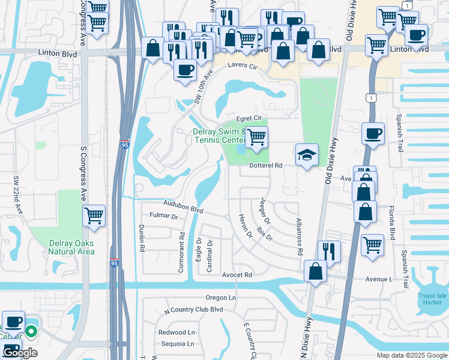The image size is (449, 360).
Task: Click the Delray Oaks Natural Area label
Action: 71,247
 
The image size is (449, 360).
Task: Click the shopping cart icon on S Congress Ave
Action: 94,215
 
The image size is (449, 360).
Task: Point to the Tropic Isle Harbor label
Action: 433,298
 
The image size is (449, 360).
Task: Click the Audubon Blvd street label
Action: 182,207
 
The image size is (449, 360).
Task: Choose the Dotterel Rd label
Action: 265,165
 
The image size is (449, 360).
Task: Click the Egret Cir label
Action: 250,118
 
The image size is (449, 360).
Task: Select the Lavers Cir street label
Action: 242,68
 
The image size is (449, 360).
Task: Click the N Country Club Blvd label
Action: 193,310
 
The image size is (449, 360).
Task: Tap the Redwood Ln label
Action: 176,332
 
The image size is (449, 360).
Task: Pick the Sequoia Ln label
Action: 178,344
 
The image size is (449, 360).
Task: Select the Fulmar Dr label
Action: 164,216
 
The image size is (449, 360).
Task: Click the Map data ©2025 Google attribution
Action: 412,355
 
